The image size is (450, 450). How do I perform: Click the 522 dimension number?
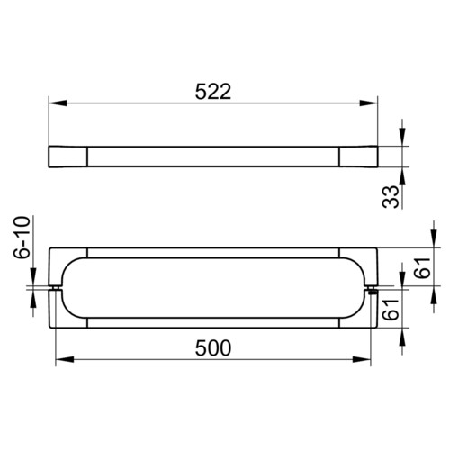tap(213, 92)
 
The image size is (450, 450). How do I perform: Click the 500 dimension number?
tap(213, 348)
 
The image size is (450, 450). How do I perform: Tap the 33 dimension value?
tap(391, 197)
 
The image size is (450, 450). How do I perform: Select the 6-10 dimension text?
tap(22, 237)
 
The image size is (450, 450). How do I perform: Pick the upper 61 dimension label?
tap(422, 267)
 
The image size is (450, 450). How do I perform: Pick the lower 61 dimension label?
tap(391, 310)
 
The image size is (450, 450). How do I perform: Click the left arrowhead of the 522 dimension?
tap(58, 103)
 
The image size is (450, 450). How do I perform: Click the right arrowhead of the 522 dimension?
tap(368, 103)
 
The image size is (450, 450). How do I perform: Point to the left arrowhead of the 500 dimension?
tap(65, 359)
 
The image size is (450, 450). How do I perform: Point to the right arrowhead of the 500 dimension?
tap(362, 359)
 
